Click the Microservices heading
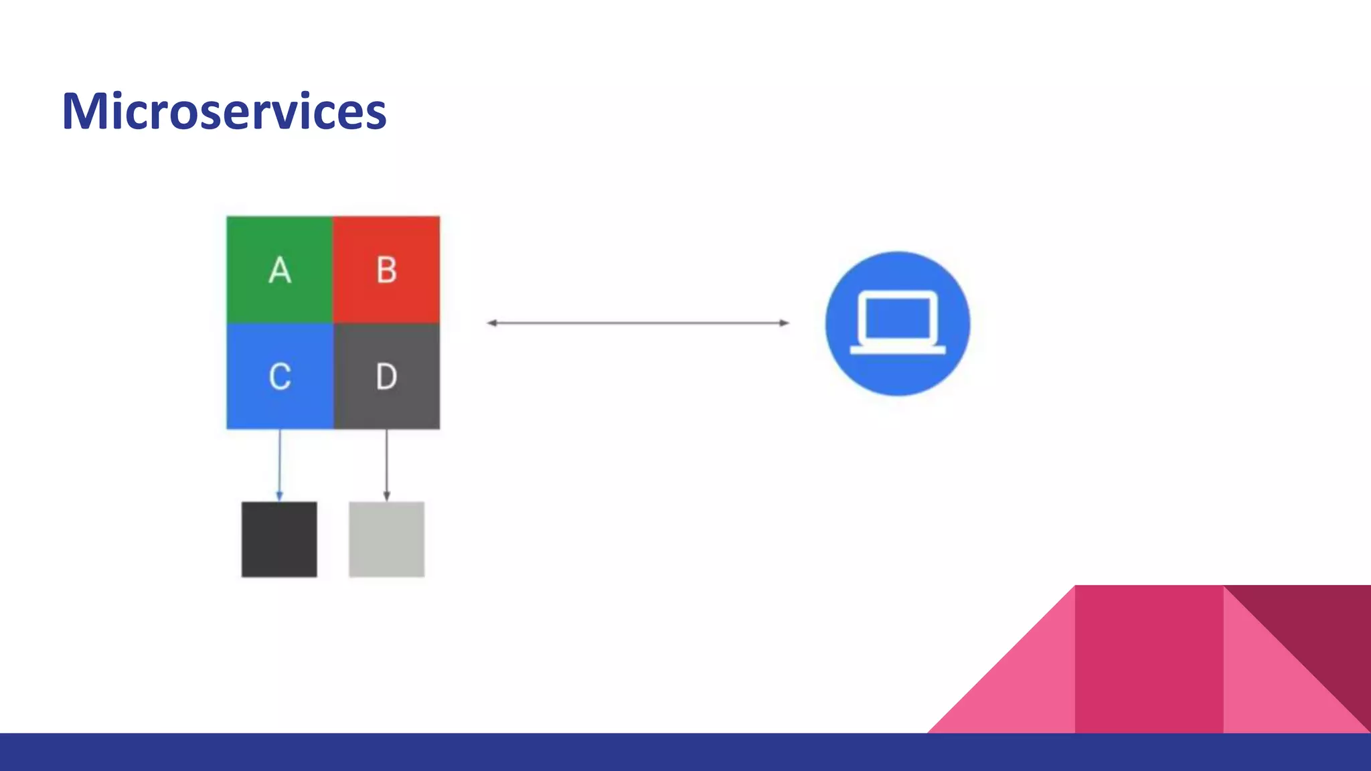tap(224, 111)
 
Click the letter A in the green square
tap(280, 270)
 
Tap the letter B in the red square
tap(386, 270)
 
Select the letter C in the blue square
tap(280, 376)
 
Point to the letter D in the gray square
tap(386, 376)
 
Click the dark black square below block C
tap(279, 539)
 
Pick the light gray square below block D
tap(386, 539)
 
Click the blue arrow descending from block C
tap(280, 462)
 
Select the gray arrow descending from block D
tap(386, 462)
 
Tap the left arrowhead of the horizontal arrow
tap(492, 323)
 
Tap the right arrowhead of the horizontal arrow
tap(784, 323)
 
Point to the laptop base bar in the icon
tap(897, 349)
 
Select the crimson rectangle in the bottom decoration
tap(1149, 659)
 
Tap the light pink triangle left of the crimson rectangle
tap(1024, 689)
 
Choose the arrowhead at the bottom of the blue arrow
tap(279, 496)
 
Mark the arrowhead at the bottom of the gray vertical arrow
tap(386, 496)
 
